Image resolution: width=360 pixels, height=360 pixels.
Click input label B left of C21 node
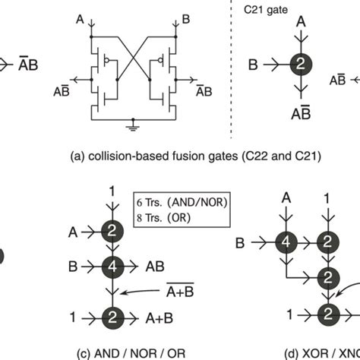[253, 65]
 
